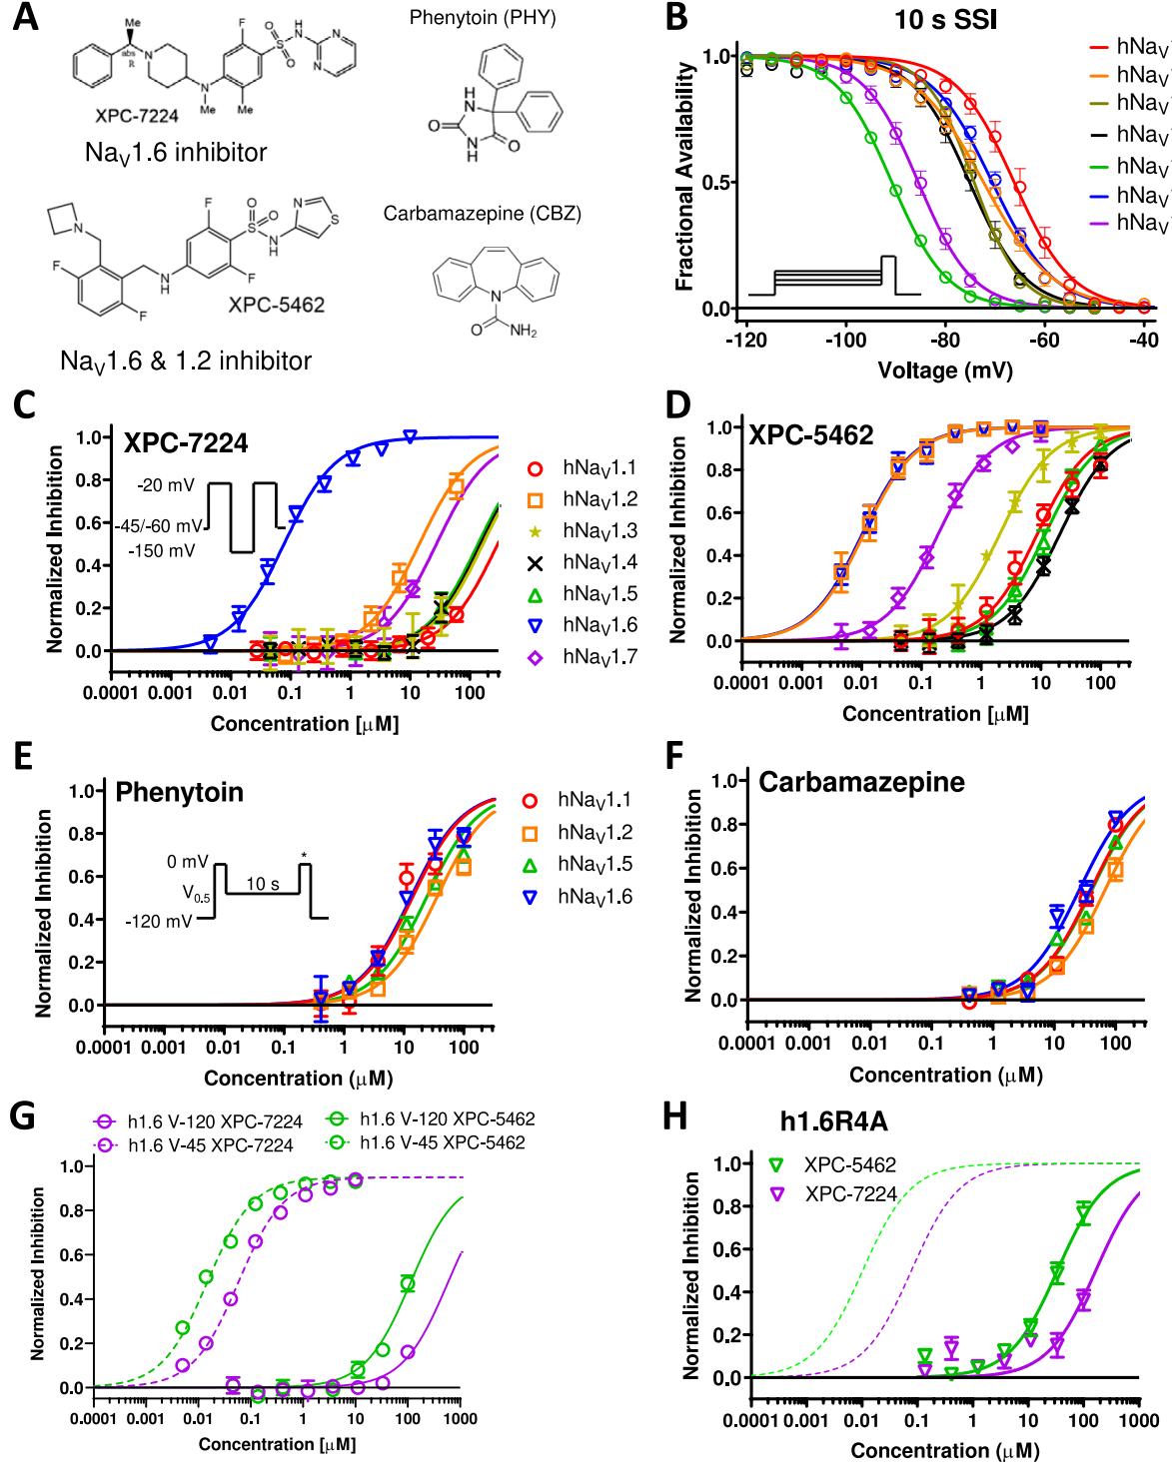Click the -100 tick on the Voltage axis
point(846,340)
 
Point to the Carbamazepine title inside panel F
point(862,782)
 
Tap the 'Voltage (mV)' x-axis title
point(944,370)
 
